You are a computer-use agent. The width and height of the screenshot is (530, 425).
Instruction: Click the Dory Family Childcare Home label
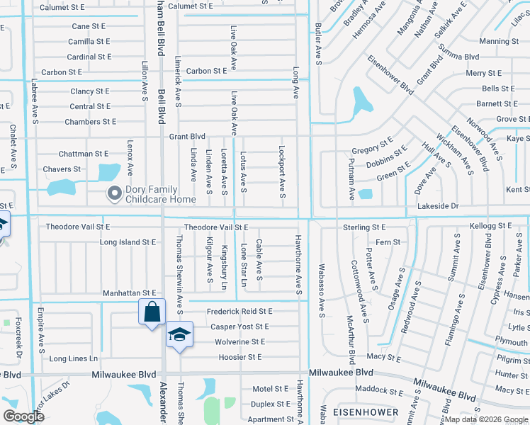click(161, 194)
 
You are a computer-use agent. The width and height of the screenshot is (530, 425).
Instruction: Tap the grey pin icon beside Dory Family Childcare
click(114, 193)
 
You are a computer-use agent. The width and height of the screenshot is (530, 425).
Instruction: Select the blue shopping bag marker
click(152, 312)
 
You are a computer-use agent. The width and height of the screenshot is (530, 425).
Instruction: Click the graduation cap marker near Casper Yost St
click(179, 334)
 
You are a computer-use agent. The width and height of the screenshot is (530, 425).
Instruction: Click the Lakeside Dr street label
click(460, 206)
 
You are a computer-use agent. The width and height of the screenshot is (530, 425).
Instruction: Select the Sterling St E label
click(363, 227)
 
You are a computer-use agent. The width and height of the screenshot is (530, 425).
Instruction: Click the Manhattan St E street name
click(129, 293)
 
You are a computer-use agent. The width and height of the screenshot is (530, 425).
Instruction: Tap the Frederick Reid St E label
click(239, 312)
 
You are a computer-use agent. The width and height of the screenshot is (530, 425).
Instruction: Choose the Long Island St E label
click(128, 242)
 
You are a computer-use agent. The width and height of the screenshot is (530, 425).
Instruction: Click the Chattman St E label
click(84, 154)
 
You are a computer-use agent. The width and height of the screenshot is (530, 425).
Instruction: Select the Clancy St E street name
click(89, 91)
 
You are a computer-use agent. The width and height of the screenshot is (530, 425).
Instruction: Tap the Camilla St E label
click(89, 42)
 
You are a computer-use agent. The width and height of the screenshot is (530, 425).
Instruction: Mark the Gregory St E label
click(373, 149)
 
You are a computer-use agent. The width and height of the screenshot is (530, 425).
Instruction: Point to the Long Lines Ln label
click(74, 359)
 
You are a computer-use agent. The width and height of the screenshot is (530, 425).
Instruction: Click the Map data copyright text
click(484, 419)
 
